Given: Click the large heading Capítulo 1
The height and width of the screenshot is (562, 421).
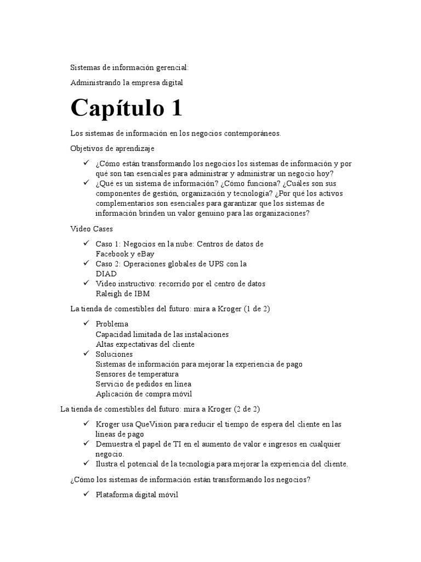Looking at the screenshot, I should point(126,108).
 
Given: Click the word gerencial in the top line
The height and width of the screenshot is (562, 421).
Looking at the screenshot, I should point(169,68).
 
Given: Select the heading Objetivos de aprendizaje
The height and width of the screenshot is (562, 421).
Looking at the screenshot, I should point(112,148).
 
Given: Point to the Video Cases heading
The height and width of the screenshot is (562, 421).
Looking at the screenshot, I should point(92,228).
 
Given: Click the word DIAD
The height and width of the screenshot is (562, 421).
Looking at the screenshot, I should point(106,273).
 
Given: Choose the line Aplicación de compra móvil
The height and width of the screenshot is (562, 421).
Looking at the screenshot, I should point(144,394).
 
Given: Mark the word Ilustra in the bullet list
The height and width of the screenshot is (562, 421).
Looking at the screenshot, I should point(106,464).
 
